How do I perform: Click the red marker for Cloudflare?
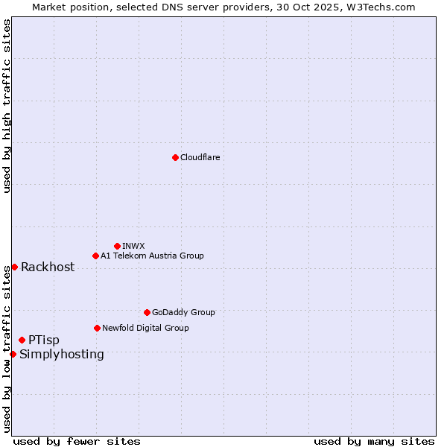coord(175,157)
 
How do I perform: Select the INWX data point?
coord(117,246)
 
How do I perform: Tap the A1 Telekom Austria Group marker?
coord(95,256)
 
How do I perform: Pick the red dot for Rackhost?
coord(14,267)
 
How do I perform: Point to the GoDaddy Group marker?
coord(147,312)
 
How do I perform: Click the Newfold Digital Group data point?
coord(97,328)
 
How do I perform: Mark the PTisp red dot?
coord(22,340)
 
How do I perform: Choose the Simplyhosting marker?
coord(13,354)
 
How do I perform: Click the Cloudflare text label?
coord(200,157)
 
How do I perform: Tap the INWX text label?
coord(133,246)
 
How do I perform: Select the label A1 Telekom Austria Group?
coord(152,256)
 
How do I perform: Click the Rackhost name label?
coord(48,267)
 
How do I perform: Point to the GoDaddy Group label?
coord(183,312)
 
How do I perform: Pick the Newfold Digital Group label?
coord(145,328)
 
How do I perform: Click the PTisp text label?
coord(44,340)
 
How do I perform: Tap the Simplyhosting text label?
coord(62,354)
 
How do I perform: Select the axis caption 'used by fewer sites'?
coord(77,441)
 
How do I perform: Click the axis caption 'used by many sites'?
coord(374,441)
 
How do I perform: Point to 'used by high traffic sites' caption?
coord(7,106)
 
